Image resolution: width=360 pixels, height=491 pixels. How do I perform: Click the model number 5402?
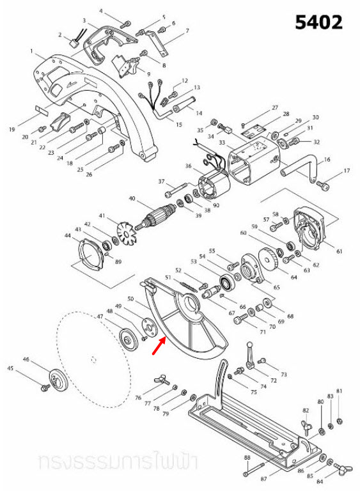pyautogui.click(x=318, y=22)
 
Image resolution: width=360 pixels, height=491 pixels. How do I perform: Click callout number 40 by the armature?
pyautogui.click(x=132, y=199)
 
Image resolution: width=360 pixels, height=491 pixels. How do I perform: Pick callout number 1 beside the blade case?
pyautogui.click(x=31, y=51)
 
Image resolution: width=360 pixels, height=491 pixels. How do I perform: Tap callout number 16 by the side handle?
pyautogui.click(x=327, y=159)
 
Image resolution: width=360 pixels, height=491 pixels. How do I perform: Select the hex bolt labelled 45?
pyautogui.click(x=47, y=387)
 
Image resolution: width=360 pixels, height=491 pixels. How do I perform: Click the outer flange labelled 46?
pyautogui.click(x=57, y=380)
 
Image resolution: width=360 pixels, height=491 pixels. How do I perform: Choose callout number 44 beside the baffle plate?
pyautogui.click(x=68, y=236)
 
